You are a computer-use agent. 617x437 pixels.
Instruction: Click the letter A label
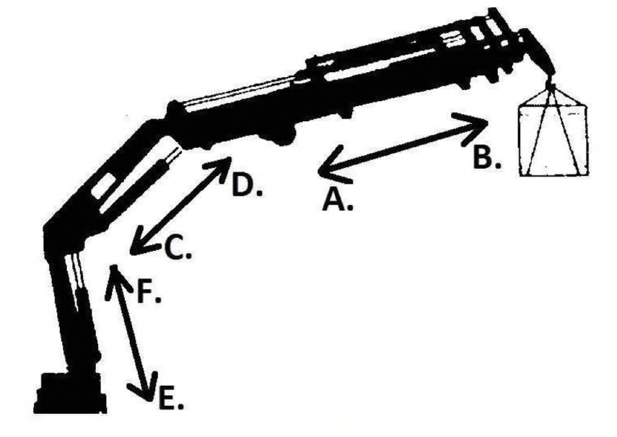tap(337, 199)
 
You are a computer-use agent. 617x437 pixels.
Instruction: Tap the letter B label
tap(487, 157)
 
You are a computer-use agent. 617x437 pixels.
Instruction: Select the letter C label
tap(178, 248)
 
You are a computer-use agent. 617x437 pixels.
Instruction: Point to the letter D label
tap(247, 185)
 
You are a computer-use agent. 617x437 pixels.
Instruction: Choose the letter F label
tap(149, 291)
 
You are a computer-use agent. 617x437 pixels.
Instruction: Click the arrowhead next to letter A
tap(333, 165)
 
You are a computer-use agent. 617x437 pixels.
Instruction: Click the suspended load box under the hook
tap(553, 141)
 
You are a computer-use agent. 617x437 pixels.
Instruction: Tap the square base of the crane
tap(70, 392)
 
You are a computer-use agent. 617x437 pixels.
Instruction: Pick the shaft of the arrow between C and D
tap(180, 205)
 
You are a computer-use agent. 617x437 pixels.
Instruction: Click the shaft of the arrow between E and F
tap(130, 333)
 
